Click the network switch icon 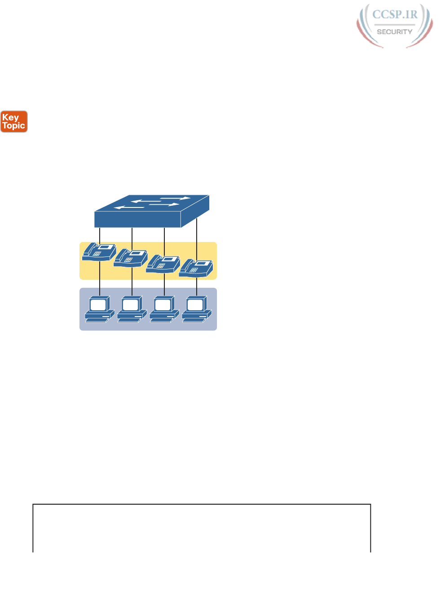point(151,211)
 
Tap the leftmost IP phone point(99,252)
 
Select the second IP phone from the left point(131,258)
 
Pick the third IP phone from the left point(163,264)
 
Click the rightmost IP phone point(196,268)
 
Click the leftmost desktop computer point(99,309)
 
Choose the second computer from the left point(131,309)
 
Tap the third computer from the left point(163,309)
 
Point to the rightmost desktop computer point(196,309)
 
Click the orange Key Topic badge point(14,122)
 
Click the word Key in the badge point(10,117)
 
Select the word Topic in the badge point(14,126)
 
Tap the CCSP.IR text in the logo point(395,14)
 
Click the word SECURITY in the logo point(394,32)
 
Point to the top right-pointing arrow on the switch point(175,198)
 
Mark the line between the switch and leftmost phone point(100,234)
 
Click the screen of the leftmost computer point(98,305)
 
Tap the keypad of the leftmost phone point(97,254)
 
